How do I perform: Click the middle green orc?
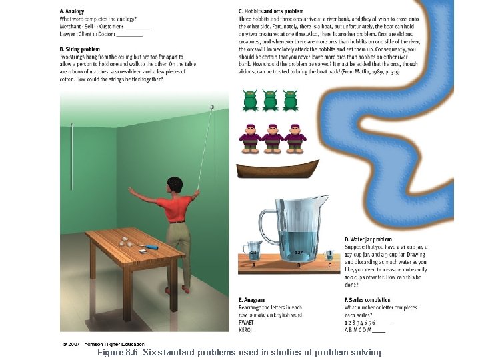[270, 100]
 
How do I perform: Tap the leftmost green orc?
[250, 100]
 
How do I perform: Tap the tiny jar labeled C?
[329, 257]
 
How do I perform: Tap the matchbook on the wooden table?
[143, 251]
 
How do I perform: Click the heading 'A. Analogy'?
[72, 11]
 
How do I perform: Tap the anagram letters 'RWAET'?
[247, 323]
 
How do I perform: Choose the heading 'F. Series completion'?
[367, 300]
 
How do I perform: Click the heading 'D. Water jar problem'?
[368, 239]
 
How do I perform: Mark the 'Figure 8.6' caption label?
[117, 352]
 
